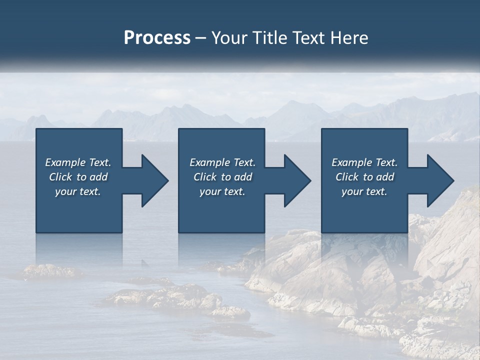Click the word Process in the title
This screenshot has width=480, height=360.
pyautogui.click(x=157, y=38)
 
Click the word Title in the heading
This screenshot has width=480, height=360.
pyautogui.click(x=268, y=38)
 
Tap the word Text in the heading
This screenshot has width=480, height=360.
pyautogui.click(x=310, y=38)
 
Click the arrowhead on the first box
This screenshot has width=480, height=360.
pyautogui.click(x=152, y=180)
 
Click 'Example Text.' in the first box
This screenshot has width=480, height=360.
pyautogui.click(x=78, y=162)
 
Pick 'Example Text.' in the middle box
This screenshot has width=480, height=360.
pyautogui.click(x=222, y=162)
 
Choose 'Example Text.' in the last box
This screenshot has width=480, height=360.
pyautogui.click(x=364, y=162)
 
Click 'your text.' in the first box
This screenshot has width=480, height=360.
pyautogui.click(x=78, y=191)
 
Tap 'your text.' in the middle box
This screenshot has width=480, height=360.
pyautogui.click(x=222, y=191)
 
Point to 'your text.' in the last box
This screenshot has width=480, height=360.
pyautogui.click(x=364, y=191)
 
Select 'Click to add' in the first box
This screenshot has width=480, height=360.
pyautogui.click(x=78, y=177)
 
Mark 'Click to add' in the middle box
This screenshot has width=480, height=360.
pyautogui.click(x=222, y=177)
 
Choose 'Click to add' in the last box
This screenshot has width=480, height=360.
pyautogui.click(x=364, y=177)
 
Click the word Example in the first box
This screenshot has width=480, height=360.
pyautogui.click(x=65, y=162)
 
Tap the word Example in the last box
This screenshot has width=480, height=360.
pyautogui.click(x=351, y=162)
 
